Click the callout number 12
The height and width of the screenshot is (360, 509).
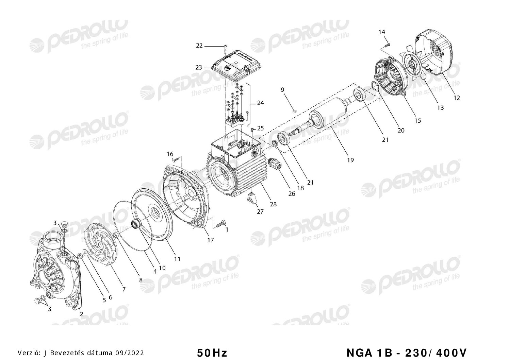pos(457,98)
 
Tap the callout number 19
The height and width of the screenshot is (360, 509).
pos(350,160)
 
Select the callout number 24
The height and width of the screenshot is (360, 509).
pos(260,103)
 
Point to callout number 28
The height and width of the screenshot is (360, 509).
pos(273,204)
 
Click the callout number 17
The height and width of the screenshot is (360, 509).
pos(211,240)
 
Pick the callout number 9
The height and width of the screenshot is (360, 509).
pos(282,90)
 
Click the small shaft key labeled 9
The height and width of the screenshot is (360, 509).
pos(294,111)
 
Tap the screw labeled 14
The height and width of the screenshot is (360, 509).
pos(386,45)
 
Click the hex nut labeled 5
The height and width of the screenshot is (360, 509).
pos(80,256)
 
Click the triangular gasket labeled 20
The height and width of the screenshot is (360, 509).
pos(375,86)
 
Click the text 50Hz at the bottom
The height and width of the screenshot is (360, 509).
pos(212,353)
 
